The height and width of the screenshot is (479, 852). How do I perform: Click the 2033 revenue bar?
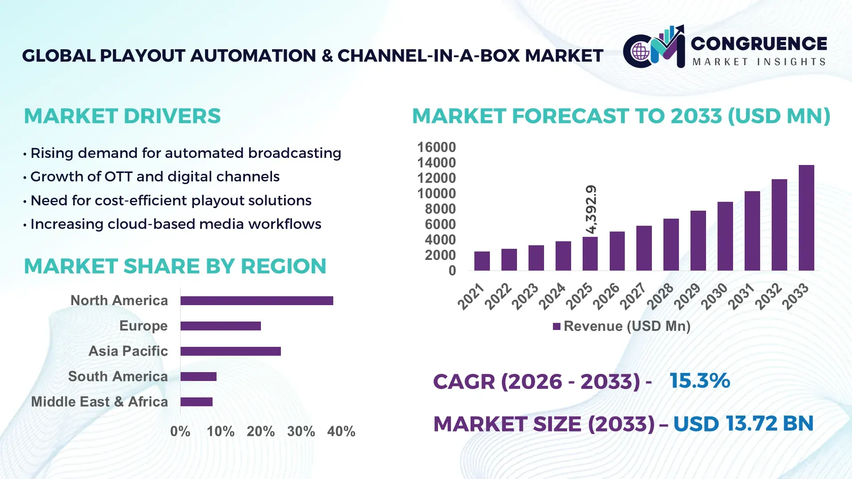coord(806,218)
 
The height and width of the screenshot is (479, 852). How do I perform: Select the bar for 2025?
coord(590,254)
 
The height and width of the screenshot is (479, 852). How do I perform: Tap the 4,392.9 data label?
coord(591,209)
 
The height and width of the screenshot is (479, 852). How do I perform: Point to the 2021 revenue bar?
coord(482,261)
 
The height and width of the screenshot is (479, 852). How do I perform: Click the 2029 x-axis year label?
coord(687,296)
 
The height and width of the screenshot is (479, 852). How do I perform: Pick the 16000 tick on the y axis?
coord(436,147)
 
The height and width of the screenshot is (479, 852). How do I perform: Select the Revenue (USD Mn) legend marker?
coord(556,327)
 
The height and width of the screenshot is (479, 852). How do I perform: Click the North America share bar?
coord(256,301)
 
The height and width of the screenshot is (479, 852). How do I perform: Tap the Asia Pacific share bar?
coord(230,351)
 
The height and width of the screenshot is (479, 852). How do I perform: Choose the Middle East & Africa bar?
coord(196,402)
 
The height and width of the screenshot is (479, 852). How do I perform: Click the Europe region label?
coord(143,326)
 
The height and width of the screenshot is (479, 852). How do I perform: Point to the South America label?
coord(118,377)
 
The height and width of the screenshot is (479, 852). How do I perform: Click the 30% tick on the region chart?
coord(301,432)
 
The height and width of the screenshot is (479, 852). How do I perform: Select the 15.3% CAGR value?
coord(699,381)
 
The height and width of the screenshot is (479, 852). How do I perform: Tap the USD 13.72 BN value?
coord(743,424)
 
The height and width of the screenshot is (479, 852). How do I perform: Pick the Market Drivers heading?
coord(122,116)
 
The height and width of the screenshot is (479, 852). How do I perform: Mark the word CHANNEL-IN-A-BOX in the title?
coord(428,56)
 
